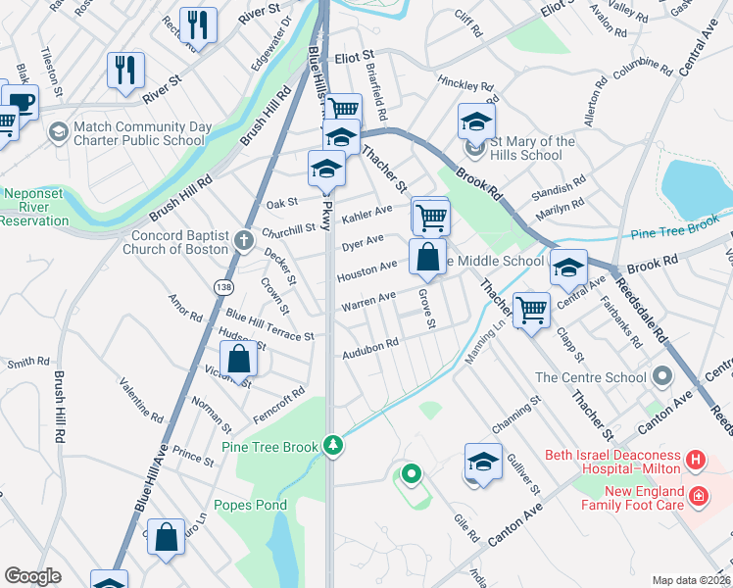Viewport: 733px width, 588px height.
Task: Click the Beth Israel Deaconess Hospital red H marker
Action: coord(695,458)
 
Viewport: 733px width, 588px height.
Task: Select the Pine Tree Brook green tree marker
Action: coord(334,446)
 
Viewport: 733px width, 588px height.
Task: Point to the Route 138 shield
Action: coord(224,285)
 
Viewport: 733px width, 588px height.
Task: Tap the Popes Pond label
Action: coord(254,506)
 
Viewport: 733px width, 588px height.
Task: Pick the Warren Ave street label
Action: coord(367,301)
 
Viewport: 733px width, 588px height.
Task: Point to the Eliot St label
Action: coord(356,60)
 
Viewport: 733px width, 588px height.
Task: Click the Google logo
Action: coord(32,576)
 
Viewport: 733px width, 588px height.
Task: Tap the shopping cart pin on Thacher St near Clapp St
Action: coord(531,311)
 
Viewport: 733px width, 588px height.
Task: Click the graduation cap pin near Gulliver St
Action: coord(483,462)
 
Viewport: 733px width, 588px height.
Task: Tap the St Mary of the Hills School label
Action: coord(534,149)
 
